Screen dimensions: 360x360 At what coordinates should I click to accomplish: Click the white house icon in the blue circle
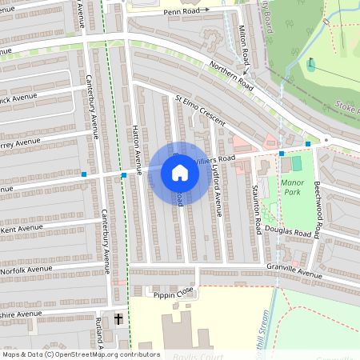[180, 173]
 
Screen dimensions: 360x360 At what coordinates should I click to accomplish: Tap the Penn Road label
[178, 11]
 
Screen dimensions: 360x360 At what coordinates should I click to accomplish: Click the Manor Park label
[293, 188]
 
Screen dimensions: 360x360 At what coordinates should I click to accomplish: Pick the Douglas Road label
[288, 233]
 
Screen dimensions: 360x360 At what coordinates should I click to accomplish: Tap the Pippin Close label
[175, 294]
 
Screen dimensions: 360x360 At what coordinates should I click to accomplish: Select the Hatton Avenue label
[137, 153]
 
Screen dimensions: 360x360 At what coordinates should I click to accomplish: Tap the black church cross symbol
[118, 319]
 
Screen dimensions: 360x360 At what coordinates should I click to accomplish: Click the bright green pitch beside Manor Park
[297, 163]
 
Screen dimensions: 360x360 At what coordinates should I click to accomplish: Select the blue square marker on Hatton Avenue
[123, 174]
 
